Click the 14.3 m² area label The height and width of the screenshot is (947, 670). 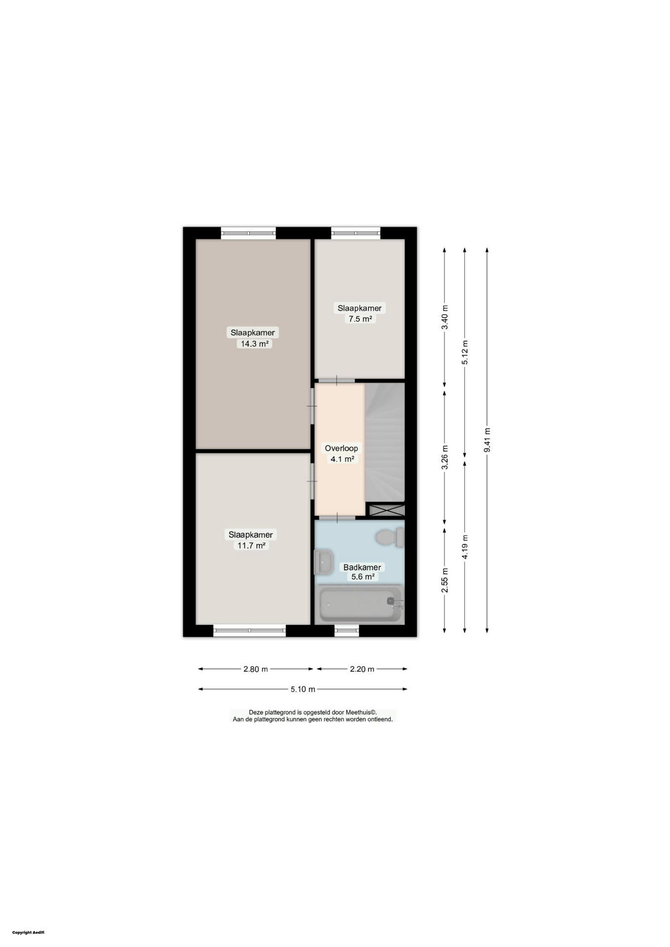pyautogui.click(x=254, y=344)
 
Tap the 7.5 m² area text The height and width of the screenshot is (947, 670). pyautogui.click(x=360, y=319)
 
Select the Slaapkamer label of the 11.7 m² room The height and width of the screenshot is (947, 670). pyautogui.click(x=251, y=535)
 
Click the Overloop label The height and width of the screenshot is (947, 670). pyautogui.click(x=341, y=448)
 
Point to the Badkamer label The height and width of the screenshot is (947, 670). pyautogui.click(x=362, y=567)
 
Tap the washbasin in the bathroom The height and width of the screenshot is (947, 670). pyautogui.click(x=324, y=562)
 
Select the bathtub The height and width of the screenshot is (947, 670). pyautogui.click(x=360, y=604)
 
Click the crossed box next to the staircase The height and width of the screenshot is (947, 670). pyautogui.click(x=387, y=510)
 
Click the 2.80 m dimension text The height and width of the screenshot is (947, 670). pyautogui.click(x=256, y=669)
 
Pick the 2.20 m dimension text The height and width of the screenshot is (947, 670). pyautogui.click(x=362, y=669)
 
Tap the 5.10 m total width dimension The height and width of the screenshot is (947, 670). pyautogui.click(x=302, y=690)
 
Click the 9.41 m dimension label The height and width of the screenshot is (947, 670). pyautogui.click(x=487, y=440)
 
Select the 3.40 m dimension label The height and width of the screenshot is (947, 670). pyautogui.click(x=445, y=318)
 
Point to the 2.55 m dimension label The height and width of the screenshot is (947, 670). pyautogui.click(x=445, y=581)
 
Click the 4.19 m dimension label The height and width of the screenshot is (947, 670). pyautogui.click(x=465, y=547)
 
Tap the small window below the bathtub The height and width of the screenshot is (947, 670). pyautogui.click(x=347, y=630)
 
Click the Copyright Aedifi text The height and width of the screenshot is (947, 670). pyautogui.click(x=28, y=932)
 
